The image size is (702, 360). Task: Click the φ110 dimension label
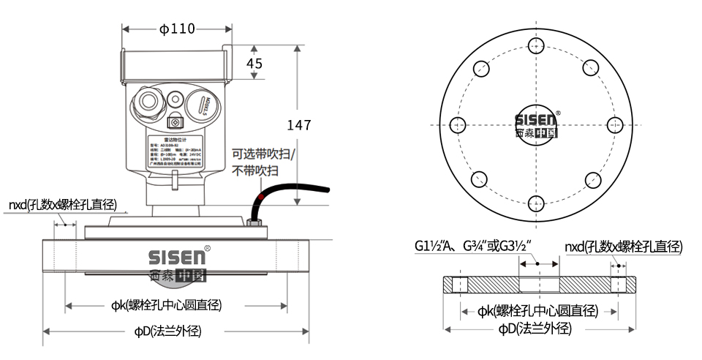click(178, 29)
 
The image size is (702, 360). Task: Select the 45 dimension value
click(254, 64)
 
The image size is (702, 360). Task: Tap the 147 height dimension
click(298, 125)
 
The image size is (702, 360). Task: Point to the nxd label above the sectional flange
click(622, 247)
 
